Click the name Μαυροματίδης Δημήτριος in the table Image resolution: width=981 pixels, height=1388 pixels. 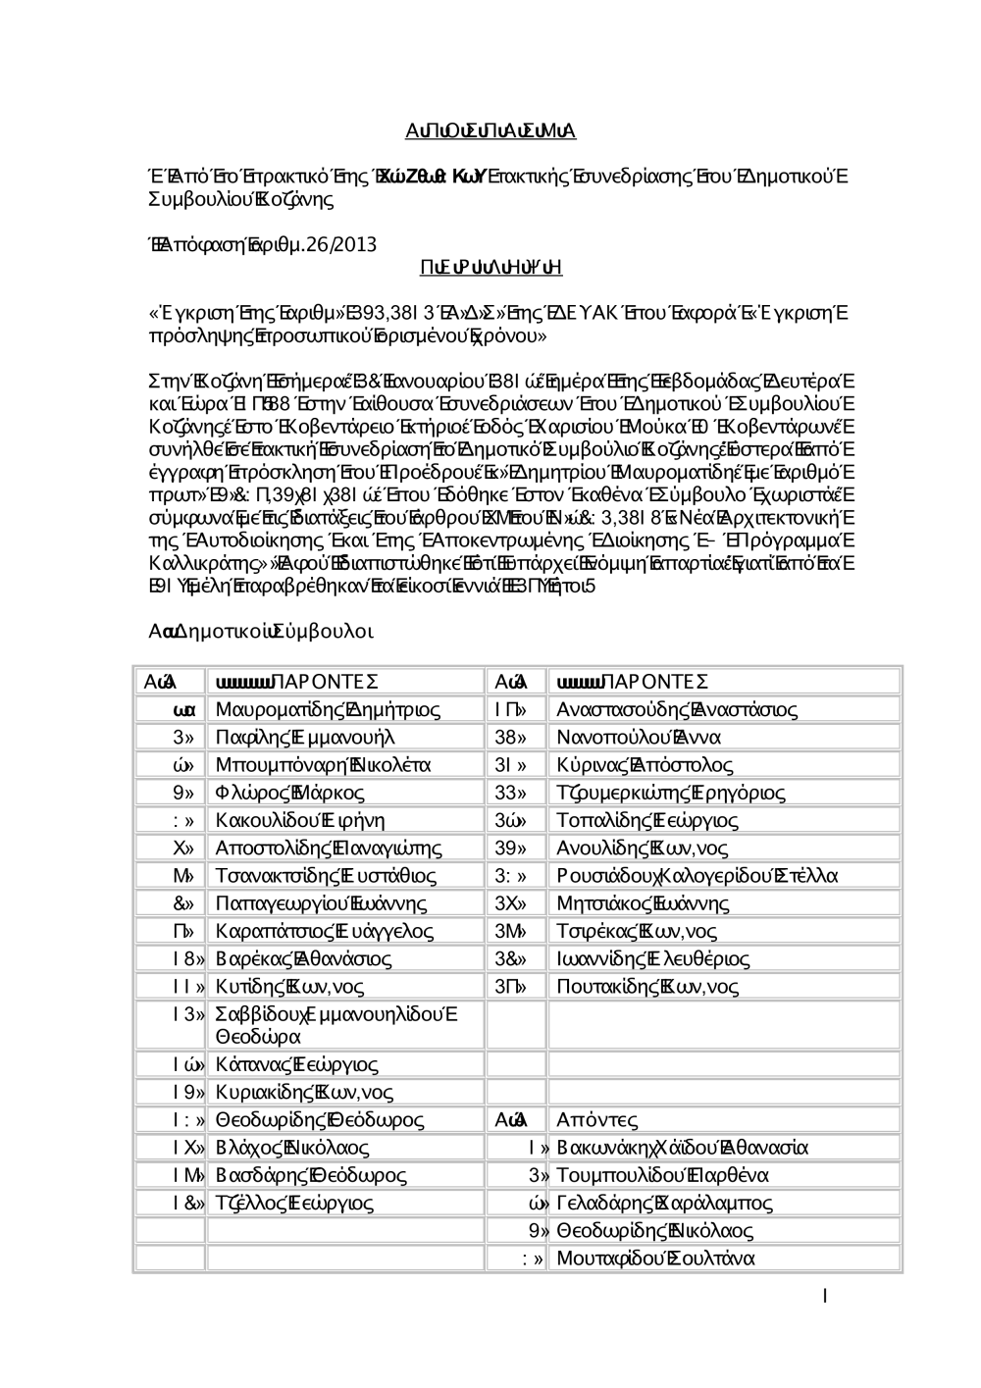tap(328, 709)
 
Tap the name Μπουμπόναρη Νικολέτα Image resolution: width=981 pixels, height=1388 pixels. tap(323, 764)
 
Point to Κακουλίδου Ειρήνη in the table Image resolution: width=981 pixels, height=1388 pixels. tap(300, 820)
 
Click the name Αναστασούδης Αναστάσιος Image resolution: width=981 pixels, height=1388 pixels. tap(677, 709)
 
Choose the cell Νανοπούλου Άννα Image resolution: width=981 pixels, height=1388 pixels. tap(639, 737)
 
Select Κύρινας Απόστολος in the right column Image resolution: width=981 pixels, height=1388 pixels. tap(645, 764)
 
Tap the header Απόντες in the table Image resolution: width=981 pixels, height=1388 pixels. tap(597, 1120)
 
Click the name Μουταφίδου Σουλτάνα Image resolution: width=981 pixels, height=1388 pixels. tap(655, 1259)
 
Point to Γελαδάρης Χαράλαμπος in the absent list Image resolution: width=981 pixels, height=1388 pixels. tap(664, 1203)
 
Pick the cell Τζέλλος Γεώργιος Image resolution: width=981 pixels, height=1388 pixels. tap(294, 1203)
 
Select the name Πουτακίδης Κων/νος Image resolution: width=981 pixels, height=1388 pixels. tap(647, 987)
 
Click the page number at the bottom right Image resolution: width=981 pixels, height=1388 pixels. tap(826, 1297)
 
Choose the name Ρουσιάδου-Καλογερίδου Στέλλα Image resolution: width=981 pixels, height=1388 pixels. tap(697, 876)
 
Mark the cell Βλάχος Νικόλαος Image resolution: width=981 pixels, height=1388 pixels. tap(292, 1148)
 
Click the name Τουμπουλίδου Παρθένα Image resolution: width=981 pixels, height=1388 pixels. tap(662, 1175)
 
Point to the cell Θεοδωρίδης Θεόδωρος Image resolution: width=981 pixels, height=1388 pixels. tap(320, 1120)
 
